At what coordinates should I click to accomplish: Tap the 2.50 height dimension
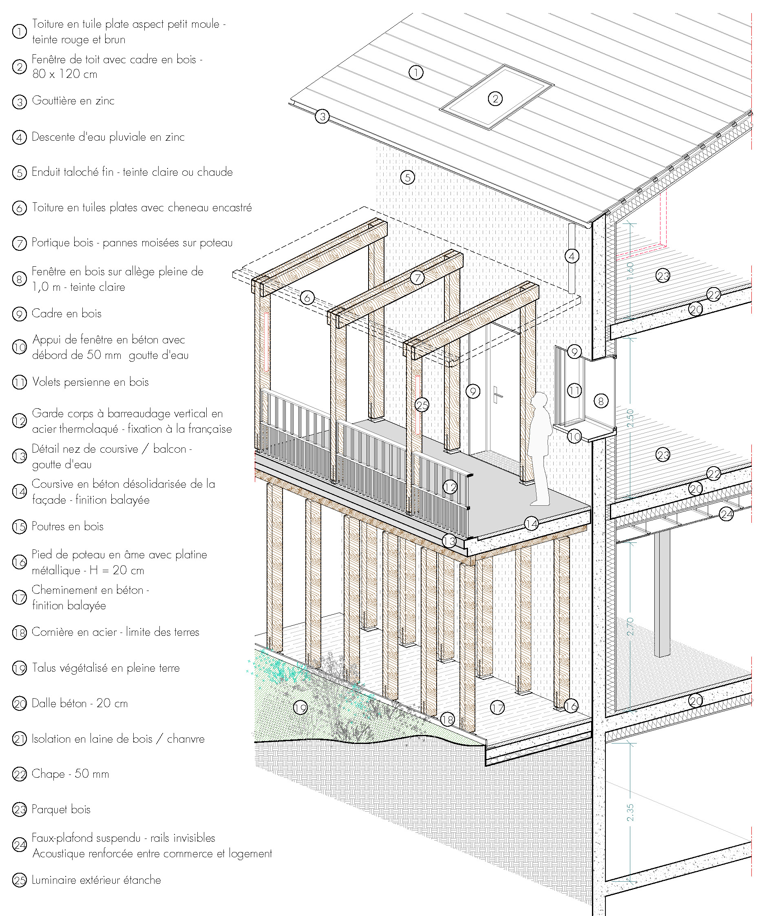tap(630, 418)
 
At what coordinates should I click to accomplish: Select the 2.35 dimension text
tap(630, 812)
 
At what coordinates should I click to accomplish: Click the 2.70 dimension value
tap(630, 626)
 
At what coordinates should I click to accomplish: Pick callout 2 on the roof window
tap(495, 99)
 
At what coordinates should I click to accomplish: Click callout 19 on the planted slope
tap(300, 708)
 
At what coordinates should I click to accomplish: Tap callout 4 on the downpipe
tap(572, 256)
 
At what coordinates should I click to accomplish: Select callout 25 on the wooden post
tap(422, 405)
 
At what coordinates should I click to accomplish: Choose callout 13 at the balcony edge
tap(449, 540)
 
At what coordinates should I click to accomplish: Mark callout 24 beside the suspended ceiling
tap(726, 514)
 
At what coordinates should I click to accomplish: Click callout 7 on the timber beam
tap(417, 278)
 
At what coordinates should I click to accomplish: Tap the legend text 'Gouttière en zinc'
tap(73, 101)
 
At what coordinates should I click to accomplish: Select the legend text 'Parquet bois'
tap(61, 809)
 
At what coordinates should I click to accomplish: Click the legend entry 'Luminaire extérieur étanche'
tap(96, 880)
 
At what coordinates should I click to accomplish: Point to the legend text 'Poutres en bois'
tap(68, 526)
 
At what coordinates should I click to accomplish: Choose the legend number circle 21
tap(20, 739)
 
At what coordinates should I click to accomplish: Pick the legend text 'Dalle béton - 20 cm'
tap(80, 703)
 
